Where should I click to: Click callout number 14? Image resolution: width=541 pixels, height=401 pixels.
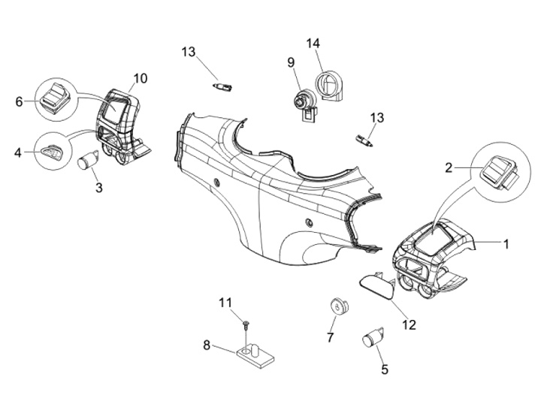[313, 44]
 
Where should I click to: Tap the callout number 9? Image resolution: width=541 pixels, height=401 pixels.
[291, 63]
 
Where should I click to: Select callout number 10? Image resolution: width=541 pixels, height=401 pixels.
[140, 79]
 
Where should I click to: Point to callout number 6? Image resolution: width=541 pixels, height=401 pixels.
[20, 101]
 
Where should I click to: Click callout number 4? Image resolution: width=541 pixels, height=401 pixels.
[18, 152]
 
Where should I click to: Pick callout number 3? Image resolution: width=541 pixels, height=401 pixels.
[99, 188]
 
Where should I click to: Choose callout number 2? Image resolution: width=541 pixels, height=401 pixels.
[448, 168]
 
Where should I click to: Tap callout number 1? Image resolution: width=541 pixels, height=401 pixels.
[506, 245]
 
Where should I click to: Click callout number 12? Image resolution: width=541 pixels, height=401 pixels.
[410, 325]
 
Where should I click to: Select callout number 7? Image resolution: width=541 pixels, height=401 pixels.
[330, 338]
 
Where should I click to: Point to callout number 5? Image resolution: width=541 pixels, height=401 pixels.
[385, 369]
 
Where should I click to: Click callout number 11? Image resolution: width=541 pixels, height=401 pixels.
[225, 303]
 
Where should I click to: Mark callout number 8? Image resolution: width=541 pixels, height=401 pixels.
[207, 345]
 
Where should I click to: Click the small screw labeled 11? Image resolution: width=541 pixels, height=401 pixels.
[246, 324]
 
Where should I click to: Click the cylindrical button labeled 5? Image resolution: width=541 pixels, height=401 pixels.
[373, 337]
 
